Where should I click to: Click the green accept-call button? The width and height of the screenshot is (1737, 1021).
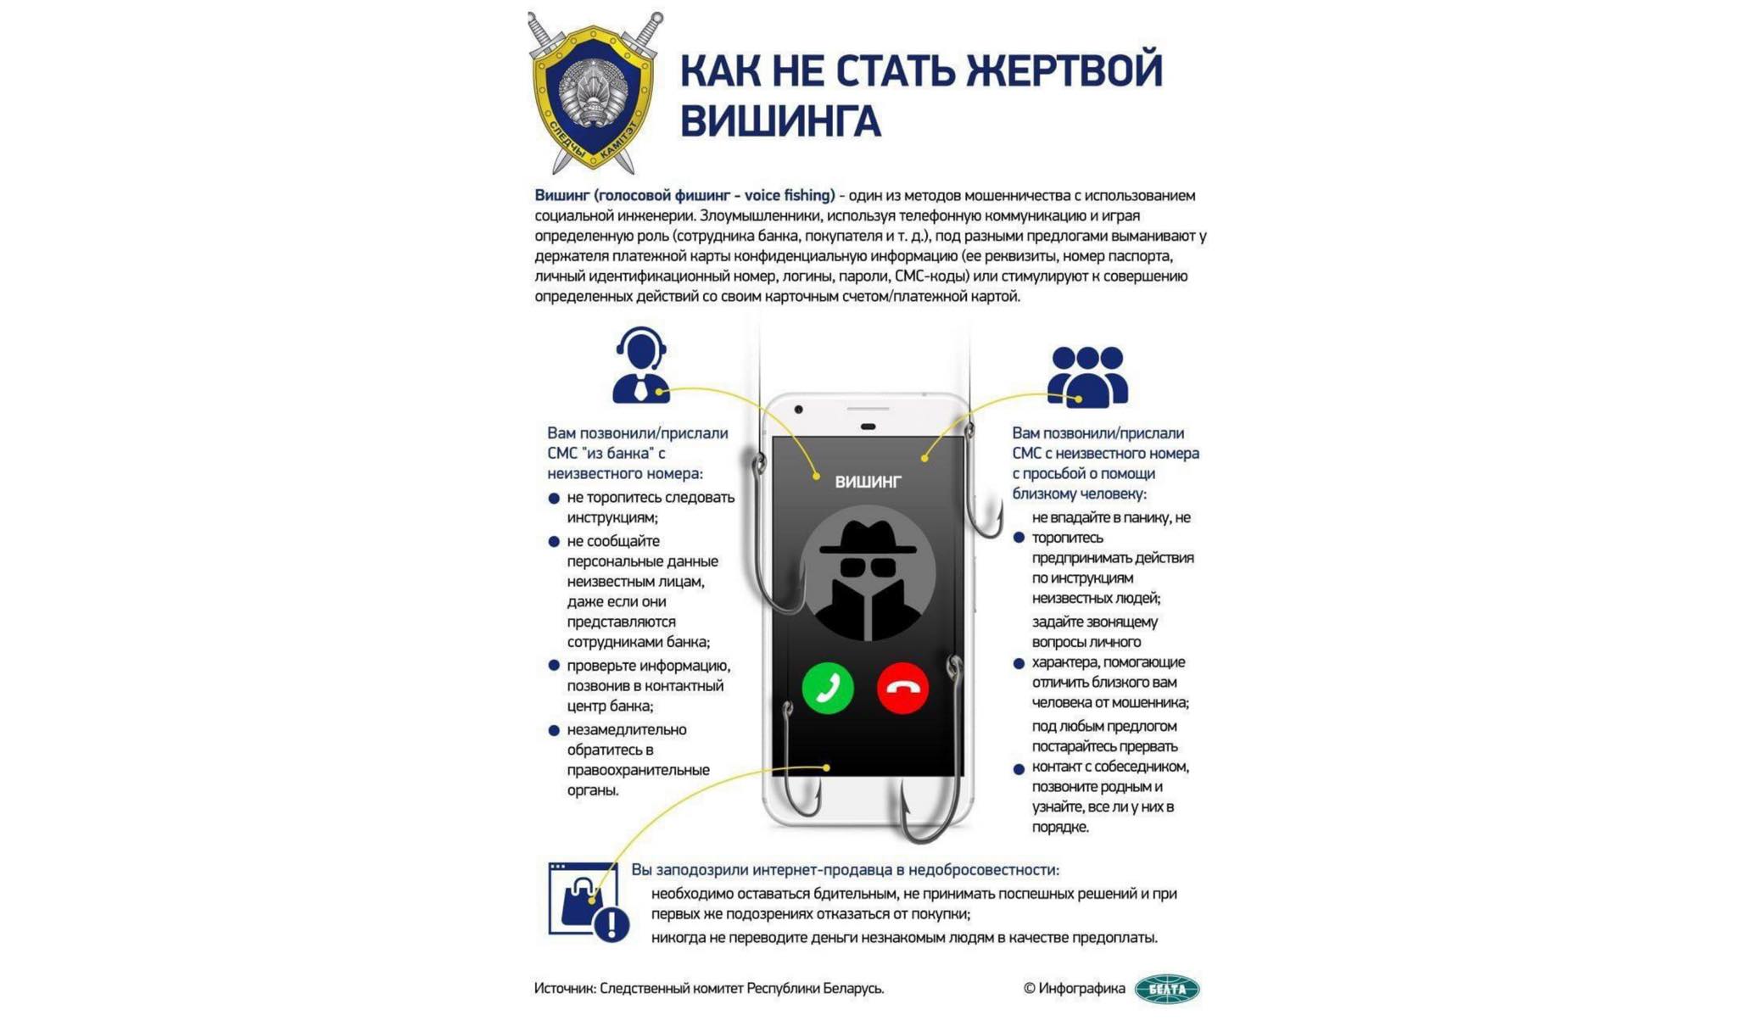(x=827, y=688)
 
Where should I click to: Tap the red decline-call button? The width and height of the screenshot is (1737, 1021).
(x=902, y=688)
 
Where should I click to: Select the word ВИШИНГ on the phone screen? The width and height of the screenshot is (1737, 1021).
(x=868, y=482)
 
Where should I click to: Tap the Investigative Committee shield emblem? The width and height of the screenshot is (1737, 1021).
(x=594, y=93)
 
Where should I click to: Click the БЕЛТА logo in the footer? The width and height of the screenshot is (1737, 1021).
(x=1167, y=989)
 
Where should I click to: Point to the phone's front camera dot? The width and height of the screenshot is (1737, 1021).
(x=798, y=410)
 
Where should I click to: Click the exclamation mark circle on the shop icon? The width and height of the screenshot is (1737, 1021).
(x=612, y=923)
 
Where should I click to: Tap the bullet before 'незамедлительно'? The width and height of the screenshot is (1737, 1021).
(x=554, y=730)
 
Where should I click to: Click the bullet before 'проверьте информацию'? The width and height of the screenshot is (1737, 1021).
(x=554, y=666)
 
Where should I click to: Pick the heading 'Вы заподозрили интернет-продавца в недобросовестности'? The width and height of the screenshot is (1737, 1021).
(x=845, y=870)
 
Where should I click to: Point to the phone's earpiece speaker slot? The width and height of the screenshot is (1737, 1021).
(x=868, y=426)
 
